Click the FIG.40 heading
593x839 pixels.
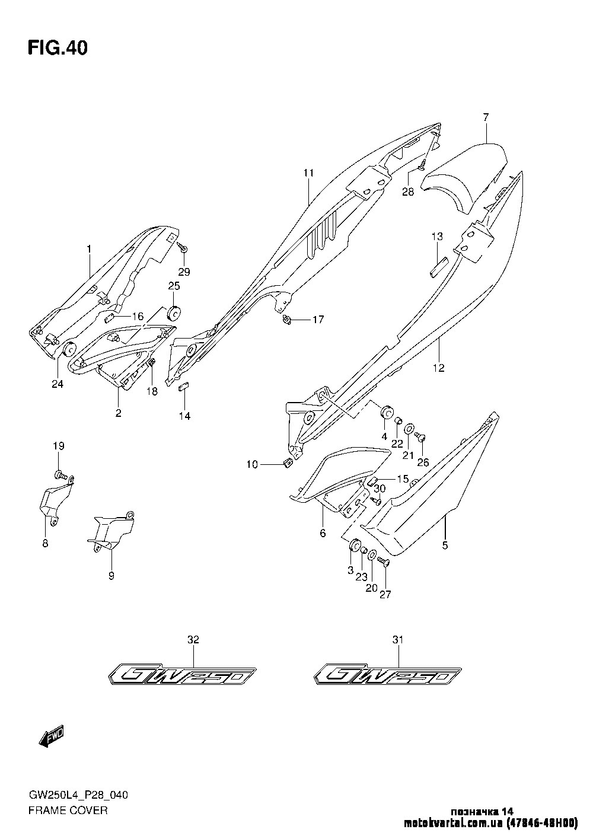(x=58, y=48)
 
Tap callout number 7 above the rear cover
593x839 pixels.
(x=485, y=117)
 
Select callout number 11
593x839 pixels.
(x=308, y=173)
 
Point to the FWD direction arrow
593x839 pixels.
(x=50, y=737)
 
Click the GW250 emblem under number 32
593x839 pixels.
(x=182, y=675)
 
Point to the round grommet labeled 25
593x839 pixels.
(x=174, y=312)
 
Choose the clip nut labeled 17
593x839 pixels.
(x=286, y=321)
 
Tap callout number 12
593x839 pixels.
(x=438, y=368)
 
